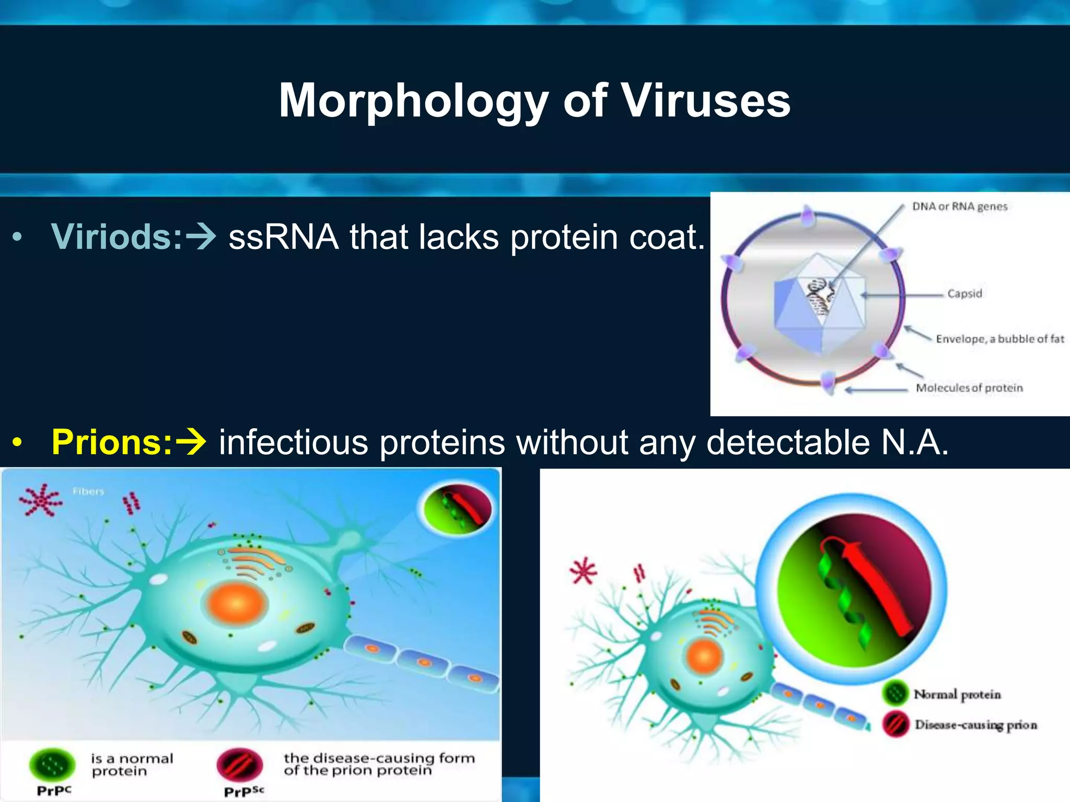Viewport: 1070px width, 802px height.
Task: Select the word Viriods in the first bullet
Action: click(117, 237)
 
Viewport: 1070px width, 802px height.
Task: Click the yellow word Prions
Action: click(112, 442)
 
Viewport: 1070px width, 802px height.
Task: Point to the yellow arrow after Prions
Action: click(191, 442)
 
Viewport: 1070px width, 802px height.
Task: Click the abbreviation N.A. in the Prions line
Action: click(914, 442)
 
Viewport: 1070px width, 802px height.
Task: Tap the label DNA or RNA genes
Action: click(959, 206)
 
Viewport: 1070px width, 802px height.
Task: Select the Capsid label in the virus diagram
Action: click(964, 293)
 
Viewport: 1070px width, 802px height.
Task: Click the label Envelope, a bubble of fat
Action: click(999, 339)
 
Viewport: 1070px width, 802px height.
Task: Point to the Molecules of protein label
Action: click(969, 388)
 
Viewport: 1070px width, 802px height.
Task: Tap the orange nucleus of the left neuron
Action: click(237, 605)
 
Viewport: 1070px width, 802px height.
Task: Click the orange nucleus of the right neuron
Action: click(704, 656)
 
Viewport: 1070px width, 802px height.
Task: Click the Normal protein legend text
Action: click(957, 694)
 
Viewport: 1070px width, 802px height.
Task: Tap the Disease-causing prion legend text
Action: click(975, 725)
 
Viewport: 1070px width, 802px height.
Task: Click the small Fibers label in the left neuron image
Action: click(88, 491)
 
